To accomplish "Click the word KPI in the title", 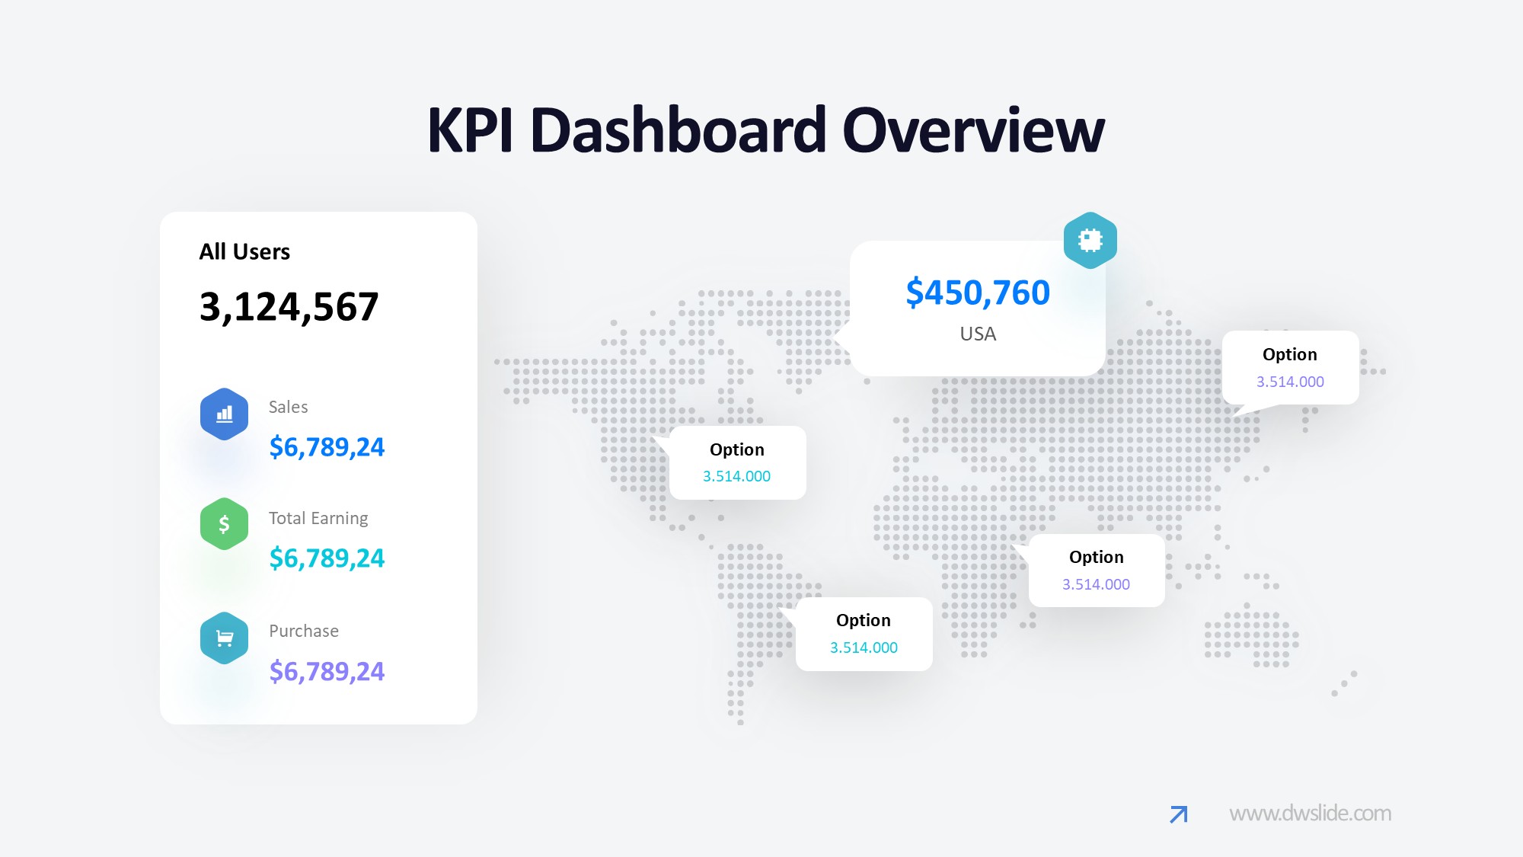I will click(470, 130).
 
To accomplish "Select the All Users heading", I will click(244, 252).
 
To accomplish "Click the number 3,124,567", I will click(289, 307).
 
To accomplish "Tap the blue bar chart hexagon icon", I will click(224, 414).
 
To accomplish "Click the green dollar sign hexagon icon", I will click(224, 524).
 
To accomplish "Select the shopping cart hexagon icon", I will click(224, 638).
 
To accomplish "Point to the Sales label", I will click(288, 408).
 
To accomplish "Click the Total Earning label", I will click(318, 519).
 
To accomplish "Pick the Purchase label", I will click(304, 632).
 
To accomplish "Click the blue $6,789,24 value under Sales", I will click(327, 447).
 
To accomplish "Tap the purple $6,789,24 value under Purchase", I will click(327, 672).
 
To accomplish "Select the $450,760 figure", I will click(978, 293).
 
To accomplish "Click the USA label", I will click(978, 334).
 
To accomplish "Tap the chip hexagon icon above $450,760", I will click(1090, 240).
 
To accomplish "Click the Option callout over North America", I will click(737, 462).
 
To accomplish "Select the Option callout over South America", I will click(864, 634).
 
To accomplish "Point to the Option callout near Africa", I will click(1096, 571).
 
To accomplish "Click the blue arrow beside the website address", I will click(1178, 814).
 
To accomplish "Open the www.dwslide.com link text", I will click(1310, 814).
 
